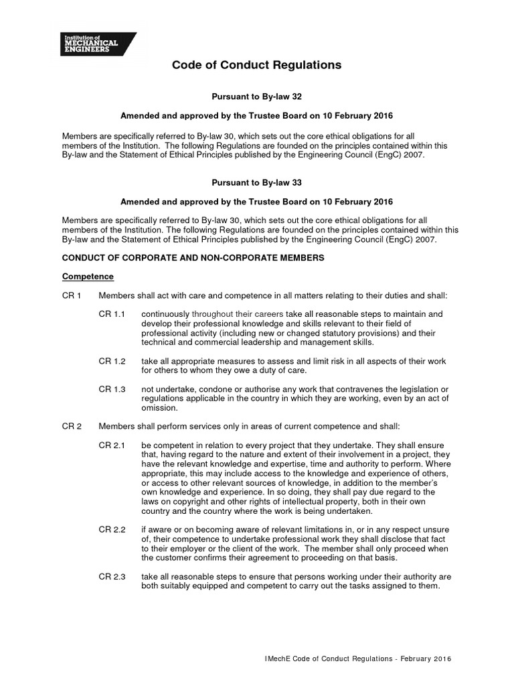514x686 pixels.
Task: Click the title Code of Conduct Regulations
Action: (257, 66)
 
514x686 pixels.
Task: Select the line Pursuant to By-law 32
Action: (257, 97)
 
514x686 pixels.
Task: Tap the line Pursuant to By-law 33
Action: (257, 182)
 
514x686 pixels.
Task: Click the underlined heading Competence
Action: (88, 277)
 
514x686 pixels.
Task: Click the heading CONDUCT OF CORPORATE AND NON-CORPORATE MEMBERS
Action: (193, 258)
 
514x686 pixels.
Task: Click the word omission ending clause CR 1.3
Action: (160, 408)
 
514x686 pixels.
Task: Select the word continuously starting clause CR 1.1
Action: (165, 314)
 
